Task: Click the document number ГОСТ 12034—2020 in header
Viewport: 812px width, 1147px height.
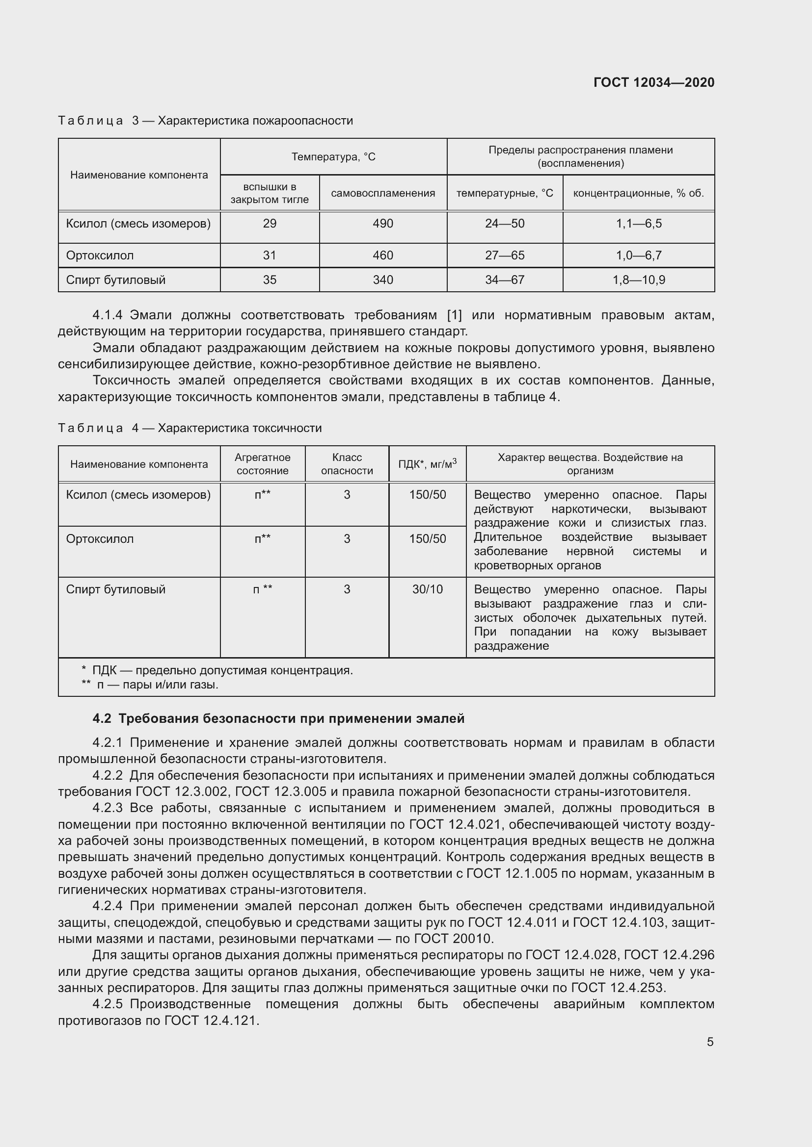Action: [653, 82]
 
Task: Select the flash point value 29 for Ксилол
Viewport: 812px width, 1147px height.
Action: [270, 223]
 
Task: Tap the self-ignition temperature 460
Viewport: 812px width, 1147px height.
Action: [382, 255]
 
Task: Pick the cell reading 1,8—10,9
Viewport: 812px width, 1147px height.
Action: [639, 280]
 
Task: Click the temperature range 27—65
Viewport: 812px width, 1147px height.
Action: [505, 255]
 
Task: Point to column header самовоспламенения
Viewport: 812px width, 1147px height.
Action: [382, 193]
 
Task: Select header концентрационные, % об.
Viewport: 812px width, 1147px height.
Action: [638, 193]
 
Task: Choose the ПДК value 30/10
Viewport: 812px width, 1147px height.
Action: [427, 589]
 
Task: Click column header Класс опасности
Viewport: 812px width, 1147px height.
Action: [347, 464]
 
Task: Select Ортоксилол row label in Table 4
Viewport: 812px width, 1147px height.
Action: [100, 539]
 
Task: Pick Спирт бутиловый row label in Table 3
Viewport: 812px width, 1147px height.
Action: [115, 280]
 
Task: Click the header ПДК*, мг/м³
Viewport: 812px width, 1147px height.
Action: [427, 464]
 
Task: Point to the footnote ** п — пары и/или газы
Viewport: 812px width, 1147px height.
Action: [150, 685]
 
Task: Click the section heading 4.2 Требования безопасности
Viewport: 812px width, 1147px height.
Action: [278, 718]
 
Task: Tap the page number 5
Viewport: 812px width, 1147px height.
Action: [710, 1042]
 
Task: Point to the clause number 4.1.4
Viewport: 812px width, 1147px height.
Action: [108, 315]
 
